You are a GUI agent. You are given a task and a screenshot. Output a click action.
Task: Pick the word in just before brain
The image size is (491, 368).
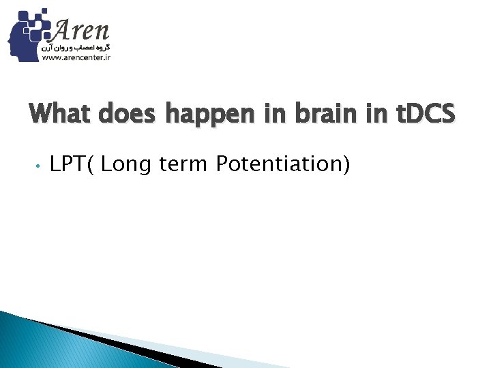coord(280,114)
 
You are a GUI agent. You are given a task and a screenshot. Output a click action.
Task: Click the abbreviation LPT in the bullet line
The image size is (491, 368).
coord(67,164)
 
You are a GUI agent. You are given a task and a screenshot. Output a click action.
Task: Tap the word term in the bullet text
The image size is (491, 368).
coord(180,164)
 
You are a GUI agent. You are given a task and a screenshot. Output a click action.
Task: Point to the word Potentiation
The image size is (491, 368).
coord(278,164)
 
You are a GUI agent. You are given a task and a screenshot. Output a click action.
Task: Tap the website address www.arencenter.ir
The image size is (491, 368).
coord(76,59)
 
